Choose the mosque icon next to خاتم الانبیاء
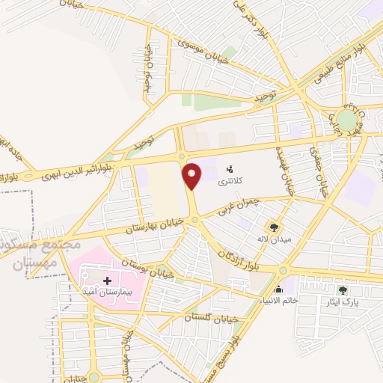(279, 289)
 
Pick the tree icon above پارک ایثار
(343, 289)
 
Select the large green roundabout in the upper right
(346, 119)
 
